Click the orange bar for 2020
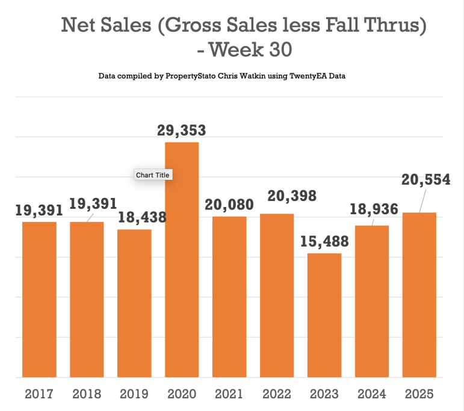(x=182, y=259)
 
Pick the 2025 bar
(x=419, y=295)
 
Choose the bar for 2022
(x=277, y=295)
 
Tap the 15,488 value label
(x=325, y=241)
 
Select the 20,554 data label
(x=426, y=180)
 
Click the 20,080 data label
(x=229, y=205)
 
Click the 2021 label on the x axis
(x=229, y=395)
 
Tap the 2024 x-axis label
(x=372, y=395)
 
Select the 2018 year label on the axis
(x=87, y=395)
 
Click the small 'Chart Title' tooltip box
(x=153, y=175)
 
